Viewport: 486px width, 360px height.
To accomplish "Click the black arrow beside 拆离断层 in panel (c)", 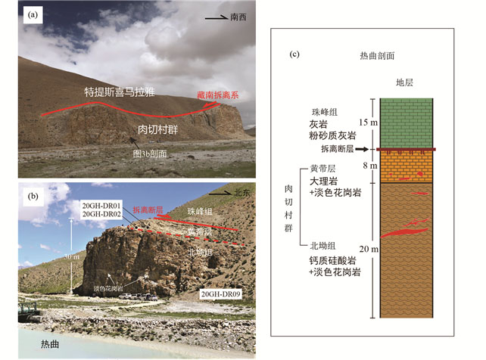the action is (362, 151).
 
